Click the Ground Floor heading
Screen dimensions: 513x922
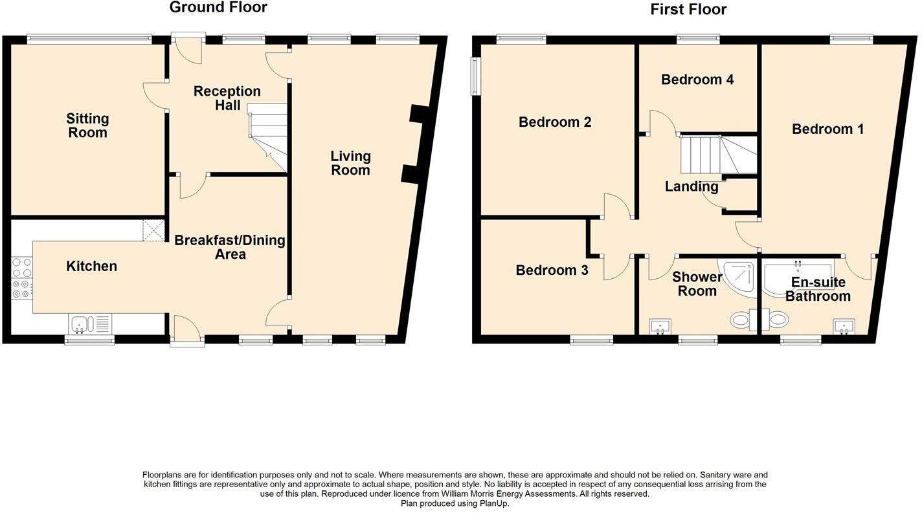coord(218,8)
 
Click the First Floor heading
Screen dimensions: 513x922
coord(688,10)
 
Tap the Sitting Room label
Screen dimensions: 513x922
coord(87,126)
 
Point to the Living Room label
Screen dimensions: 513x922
coord(350,163)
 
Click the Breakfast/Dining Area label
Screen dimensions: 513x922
coord(230,247)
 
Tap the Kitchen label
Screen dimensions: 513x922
coord(92,267)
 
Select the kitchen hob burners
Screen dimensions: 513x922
coord(21,278)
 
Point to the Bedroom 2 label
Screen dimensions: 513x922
coord(555,122)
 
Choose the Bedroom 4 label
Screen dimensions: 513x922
coord(697,80)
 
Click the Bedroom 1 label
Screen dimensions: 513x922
coord(827,129)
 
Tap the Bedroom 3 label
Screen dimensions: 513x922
coord(552,270)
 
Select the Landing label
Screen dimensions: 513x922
coord(692,187)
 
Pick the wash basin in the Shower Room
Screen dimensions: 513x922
coord(660,325)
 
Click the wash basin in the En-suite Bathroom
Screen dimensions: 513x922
coord(843,325)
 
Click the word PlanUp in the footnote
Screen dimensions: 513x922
coord(494,503)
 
